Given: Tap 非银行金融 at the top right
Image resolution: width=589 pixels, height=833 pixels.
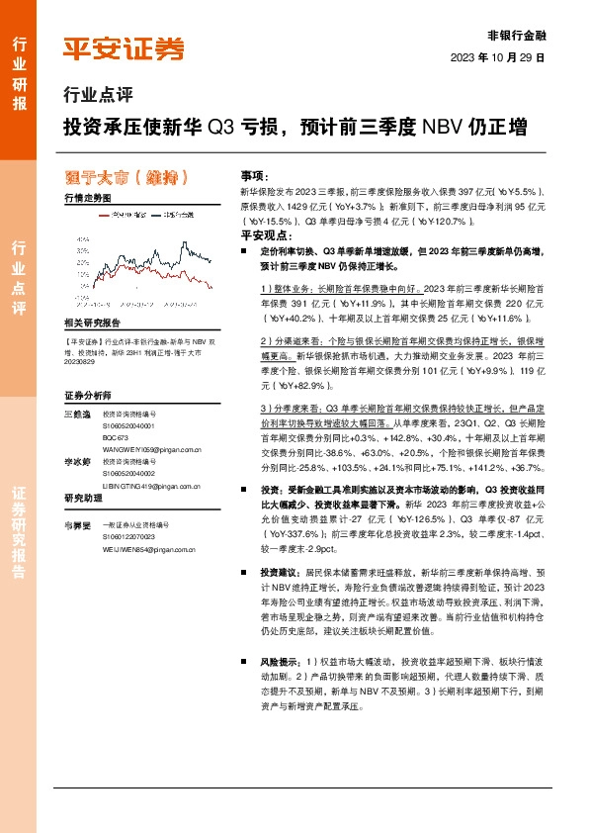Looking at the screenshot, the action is pyautogui.click(x=517, y=35).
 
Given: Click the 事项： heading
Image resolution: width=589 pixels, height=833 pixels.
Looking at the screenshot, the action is pyautogui.click(x=254, y=172).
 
